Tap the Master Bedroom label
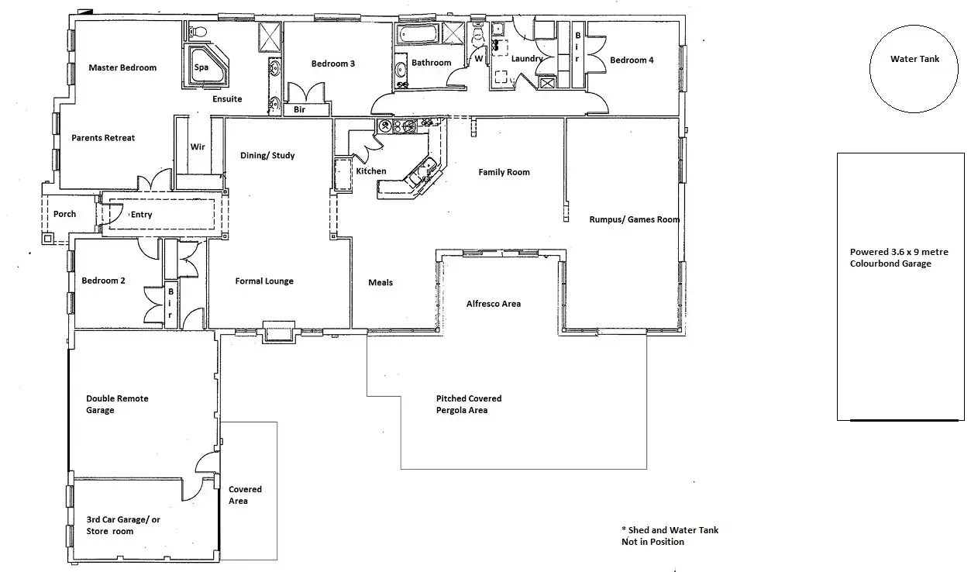pos(122,67)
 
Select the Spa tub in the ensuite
pos(205,67)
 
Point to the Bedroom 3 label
pos(333,64)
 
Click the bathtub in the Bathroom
pos(418,36)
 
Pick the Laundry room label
pos(527,58)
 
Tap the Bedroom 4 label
pos(632,60)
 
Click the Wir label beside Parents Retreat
pos(198,146)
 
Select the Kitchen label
pos(370,171)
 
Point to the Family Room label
pos(504,172)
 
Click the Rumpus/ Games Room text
pos(635,219)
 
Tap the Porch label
pos(64,214)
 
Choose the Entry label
pos(141,215)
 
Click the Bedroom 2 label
pos(103,281)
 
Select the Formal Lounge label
pos(264,281)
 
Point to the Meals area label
pos(380,283)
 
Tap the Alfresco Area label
pos(493,304)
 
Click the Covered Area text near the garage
pos(245,495)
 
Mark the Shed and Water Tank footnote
pos(670,536)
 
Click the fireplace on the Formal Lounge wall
pos(278,332)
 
